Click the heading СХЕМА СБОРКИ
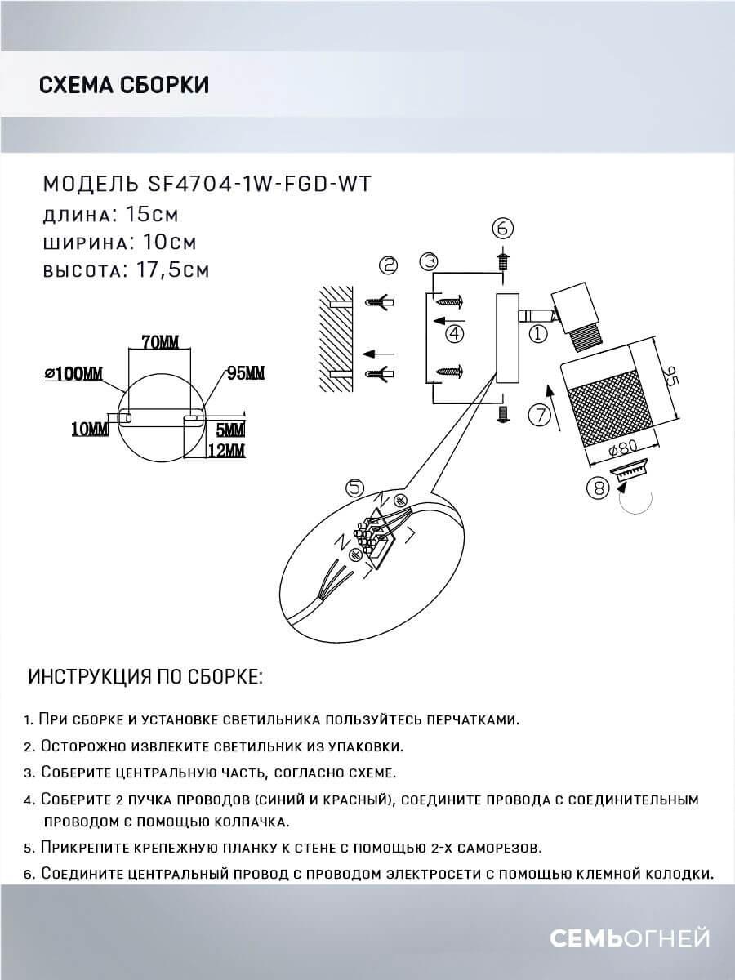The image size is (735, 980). [123, 85]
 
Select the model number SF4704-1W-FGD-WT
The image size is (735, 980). [250, 184]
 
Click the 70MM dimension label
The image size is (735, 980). [158, 342]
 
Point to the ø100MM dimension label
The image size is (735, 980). [74, 374]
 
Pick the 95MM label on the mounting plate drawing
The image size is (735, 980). [245, 374]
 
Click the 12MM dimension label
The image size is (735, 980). [229, 450]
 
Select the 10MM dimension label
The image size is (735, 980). [89, 429]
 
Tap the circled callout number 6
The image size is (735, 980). [504, 228]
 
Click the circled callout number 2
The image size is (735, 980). [388, 265]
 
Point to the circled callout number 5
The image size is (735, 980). [354, 488]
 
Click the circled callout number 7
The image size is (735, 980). [537, 415]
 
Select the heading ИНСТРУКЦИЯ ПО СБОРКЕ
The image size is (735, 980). [146, 678]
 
